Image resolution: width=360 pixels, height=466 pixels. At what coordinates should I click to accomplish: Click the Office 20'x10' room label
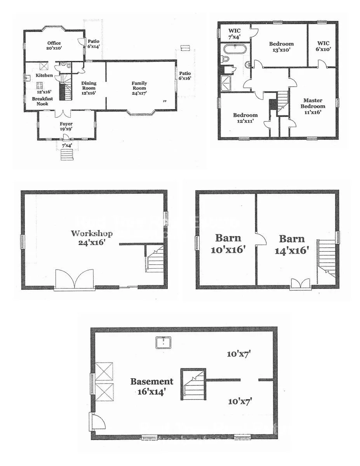coord(54,45)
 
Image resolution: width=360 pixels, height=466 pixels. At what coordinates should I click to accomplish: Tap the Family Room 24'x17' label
coord(139,88)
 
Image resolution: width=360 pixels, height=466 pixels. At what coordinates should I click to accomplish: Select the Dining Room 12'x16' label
coord(89,88)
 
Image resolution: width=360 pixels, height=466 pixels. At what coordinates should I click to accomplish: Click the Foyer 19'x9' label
coord(66,127)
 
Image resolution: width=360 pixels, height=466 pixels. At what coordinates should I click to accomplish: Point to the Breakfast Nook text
coord(42,101)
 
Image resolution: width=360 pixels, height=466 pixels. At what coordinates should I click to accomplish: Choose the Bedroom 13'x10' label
coord(281,47)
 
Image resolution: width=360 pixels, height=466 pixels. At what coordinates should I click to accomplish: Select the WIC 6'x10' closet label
coord(323,46)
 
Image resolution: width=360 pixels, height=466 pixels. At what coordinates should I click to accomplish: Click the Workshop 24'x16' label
coord(92,237)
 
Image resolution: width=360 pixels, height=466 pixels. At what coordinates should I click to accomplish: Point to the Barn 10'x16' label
coord(228,243)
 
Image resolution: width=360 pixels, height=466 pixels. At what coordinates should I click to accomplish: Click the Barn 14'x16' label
coord(292,244)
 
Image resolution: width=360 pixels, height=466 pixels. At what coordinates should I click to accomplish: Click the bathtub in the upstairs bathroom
coord(235,50)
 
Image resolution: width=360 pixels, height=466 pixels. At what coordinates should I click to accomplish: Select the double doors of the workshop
coord(75,279)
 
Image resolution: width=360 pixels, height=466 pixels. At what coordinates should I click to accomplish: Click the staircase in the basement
coord(193,384)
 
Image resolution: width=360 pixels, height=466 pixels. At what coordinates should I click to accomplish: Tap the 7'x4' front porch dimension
coord(66,145)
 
